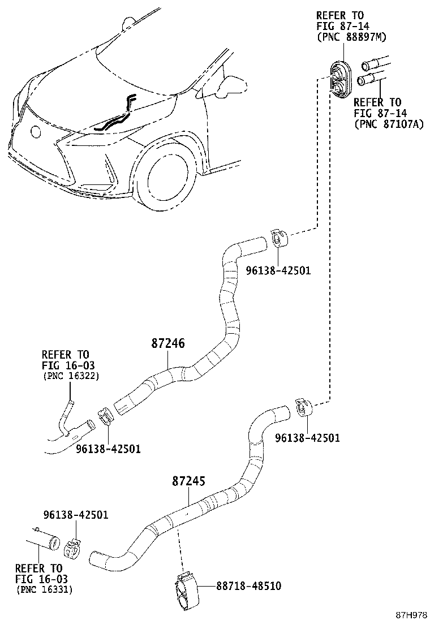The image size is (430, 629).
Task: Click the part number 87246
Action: [168, 343]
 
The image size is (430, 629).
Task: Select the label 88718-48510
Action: [248, 585]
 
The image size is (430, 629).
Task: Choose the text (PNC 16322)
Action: [71, 376]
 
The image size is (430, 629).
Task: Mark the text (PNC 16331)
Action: [44, 589]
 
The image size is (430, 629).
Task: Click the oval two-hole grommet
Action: [341, 79]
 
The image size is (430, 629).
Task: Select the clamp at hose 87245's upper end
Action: [304, 407]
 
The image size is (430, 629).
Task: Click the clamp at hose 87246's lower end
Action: [106, 416]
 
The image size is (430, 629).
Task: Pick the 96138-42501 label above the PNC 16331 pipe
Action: [76, 515]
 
